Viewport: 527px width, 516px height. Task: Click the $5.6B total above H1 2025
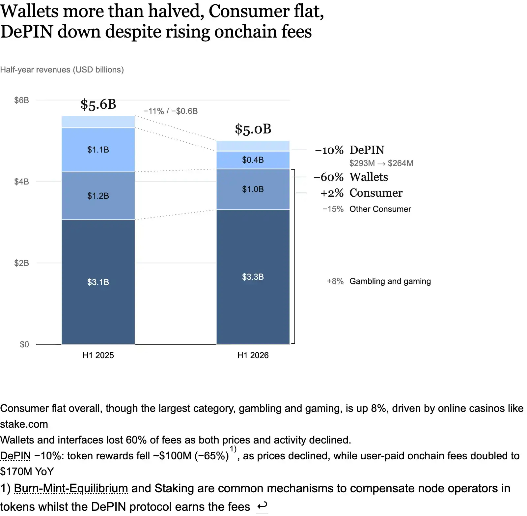click(x=98, y=104)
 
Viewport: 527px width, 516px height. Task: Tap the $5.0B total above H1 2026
click(x=253, y=129)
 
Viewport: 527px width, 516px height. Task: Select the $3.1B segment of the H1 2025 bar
click(x=98, y=282)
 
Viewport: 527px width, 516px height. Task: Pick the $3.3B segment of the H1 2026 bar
click(x=253, y=277)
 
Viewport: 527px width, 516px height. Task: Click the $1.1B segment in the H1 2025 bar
click(x=98, y=150)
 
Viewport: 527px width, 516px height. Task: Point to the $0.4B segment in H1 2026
click(x=253, y=160)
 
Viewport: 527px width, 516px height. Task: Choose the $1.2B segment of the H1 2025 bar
click(x=98, y=196)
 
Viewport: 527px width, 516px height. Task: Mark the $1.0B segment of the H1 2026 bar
click(x=253, y=189)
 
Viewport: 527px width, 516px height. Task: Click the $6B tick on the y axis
click(x=21, y=100)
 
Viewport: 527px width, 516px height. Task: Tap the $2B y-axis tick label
click(x=21, y=263)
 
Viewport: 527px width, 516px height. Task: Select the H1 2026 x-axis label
click(x=253, y=355)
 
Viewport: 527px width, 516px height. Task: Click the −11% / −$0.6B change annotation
click(x=171, y=111)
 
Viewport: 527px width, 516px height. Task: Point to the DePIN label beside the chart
click(x=367, y=150)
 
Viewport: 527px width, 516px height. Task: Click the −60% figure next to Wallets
click(x=329, y=177)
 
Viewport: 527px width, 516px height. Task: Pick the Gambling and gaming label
click(x=390, y=281)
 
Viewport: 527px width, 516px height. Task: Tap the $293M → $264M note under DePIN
click(x=381, y=163)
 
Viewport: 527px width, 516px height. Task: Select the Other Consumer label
click(x=380, y=209)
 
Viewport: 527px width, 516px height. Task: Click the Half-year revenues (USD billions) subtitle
click(x=62, y=70)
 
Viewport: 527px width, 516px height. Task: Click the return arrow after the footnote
click(x=262, y=506)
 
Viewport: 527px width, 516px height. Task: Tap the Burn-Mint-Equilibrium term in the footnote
click(x=71, y=488)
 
